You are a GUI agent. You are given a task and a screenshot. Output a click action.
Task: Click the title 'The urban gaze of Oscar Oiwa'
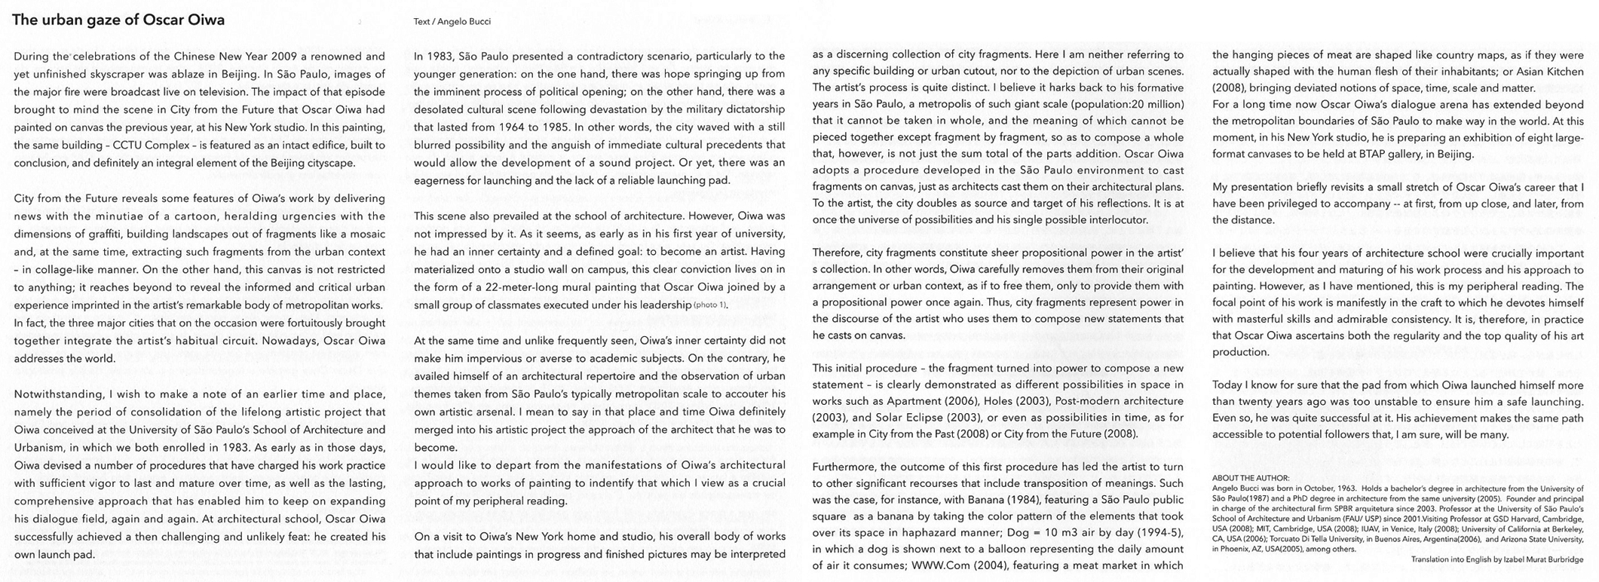coord(118,20)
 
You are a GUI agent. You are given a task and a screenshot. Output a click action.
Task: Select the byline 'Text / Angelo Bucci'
coord(452,22)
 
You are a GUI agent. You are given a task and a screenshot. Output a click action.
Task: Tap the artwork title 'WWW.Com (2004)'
coord(955,565)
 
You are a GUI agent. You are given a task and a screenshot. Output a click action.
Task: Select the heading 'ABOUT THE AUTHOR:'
coord(1251,478)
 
